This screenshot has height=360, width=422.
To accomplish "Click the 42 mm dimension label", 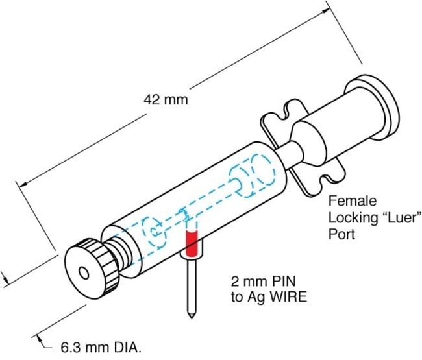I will [x=165, y=100].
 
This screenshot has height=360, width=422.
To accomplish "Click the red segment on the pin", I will [x=192, y=243].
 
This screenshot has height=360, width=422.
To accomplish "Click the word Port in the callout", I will [x=342, y=234].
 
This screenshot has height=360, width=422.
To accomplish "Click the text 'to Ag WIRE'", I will [x=262, y=298].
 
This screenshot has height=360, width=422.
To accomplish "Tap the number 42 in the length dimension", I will [x=151, y=100].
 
